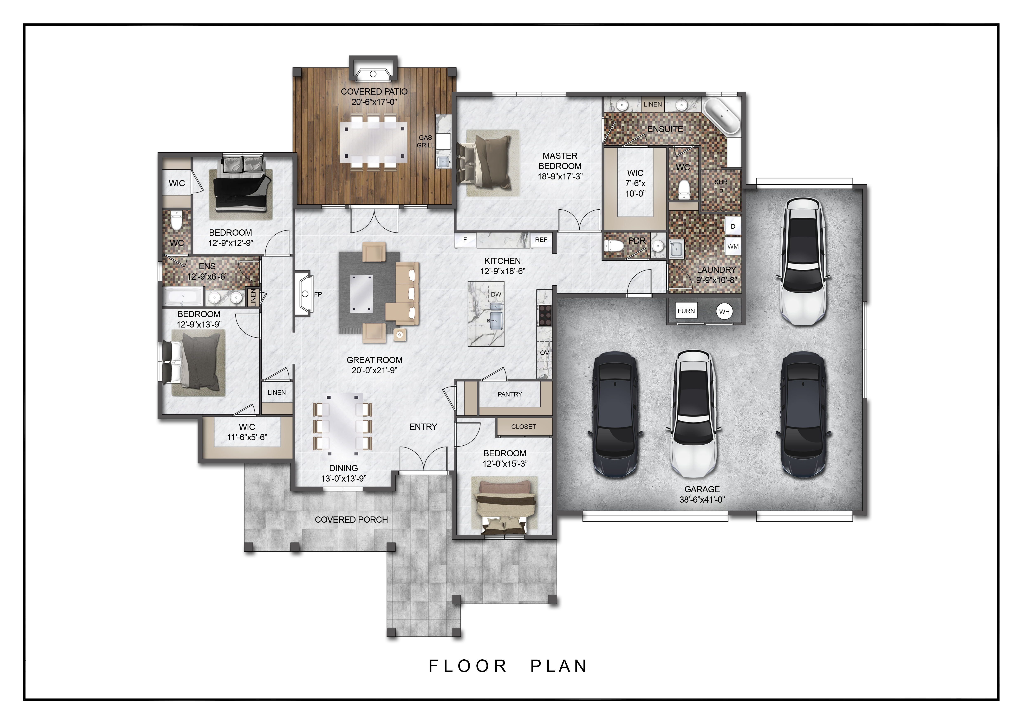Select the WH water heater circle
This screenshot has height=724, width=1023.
click(724, 312)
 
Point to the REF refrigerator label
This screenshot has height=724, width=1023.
click(541, 240)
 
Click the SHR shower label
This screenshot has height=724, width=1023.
click(721, 182)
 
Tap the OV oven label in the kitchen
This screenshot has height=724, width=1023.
click(544, 353)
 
